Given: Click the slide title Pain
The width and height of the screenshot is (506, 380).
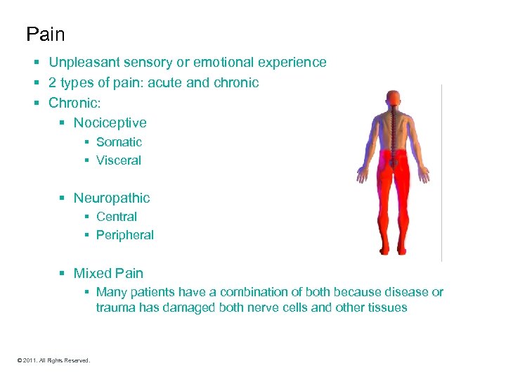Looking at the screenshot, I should [x=45, y=34].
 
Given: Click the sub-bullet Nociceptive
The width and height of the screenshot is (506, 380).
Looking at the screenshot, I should [x=110, y=123].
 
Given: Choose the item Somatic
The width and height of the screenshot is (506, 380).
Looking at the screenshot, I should [x=119, y=142].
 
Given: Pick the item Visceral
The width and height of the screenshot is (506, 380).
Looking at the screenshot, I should [x=119, y=160].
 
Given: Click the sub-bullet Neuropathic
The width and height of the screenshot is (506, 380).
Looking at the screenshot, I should [x=112, y=198].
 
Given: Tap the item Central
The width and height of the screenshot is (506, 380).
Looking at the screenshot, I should [x=117, y=217].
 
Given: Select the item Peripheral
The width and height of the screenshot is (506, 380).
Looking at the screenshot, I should [x=125, y=235].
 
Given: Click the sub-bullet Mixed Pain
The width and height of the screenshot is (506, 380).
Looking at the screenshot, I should [x=108, y=273].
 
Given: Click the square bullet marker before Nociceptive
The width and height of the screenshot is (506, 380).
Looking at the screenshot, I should [x=63, y=123].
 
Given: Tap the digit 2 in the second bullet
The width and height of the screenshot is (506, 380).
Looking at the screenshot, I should [x=53, y=82].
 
